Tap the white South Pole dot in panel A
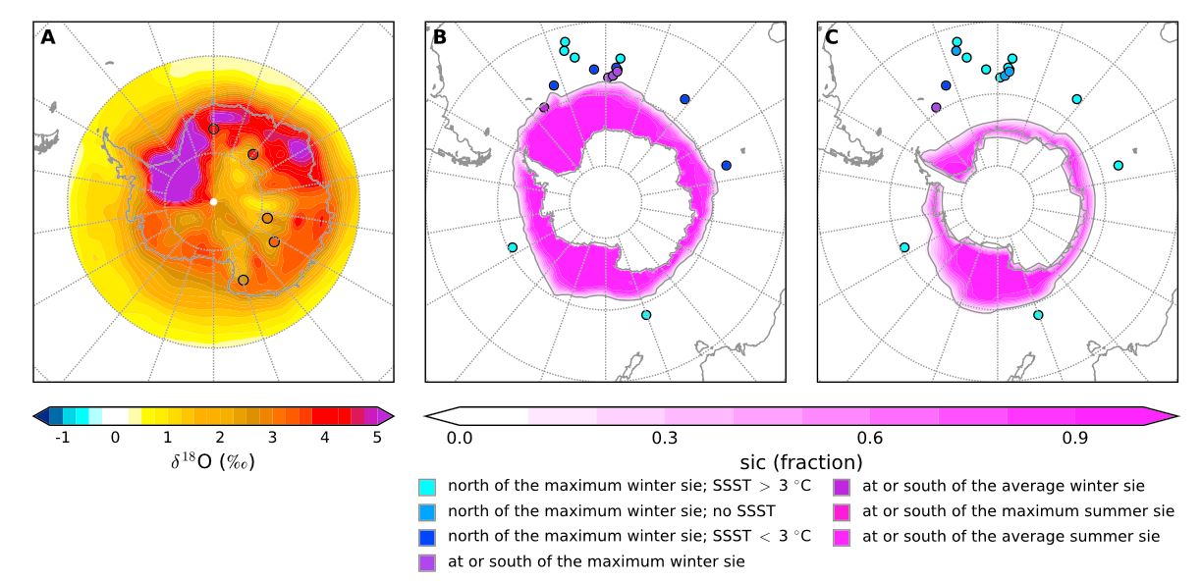click(213, 202)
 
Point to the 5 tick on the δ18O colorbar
click(377, 437)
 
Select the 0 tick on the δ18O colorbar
click(115, 437)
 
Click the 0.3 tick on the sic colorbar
click(665, 437)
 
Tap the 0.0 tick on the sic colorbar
click(460, 437)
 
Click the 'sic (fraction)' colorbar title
click(800, 460)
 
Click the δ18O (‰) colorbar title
click(213, 460)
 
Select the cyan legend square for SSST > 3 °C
click(426, 485)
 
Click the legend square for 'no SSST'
click(426, 510)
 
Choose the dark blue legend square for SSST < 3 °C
click(426, 536)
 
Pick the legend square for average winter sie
click(842, 485)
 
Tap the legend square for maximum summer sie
click(842, 510)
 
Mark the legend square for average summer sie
click(842, 536)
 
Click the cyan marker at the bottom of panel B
click(645, 315)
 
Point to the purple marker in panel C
click(936, 107)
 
